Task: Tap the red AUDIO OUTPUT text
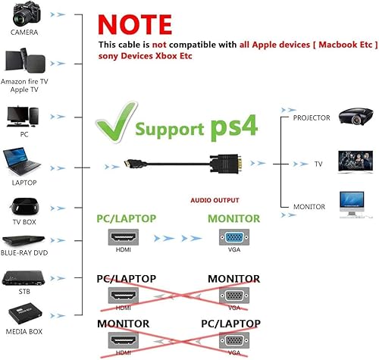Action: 215,202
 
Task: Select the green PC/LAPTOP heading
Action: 126,218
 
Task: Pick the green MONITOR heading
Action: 233,218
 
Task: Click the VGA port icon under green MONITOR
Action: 233,237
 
